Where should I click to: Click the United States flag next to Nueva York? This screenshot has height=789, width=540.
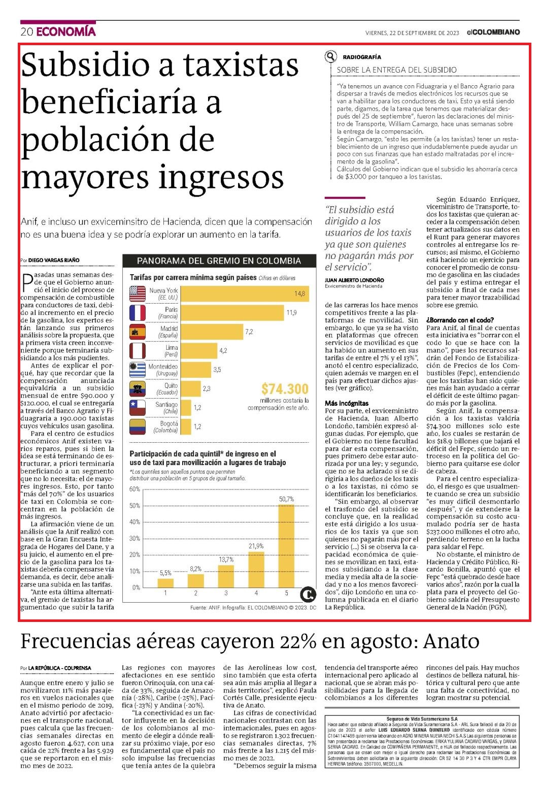[138, 294]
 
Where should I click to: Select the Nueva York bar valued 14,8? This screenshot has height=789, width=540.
[245, 294]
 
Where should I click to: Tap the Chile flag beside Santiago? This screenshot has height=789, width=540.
[138, 408]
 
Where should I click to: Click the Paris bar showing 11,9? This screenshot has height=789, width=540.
[232, 313]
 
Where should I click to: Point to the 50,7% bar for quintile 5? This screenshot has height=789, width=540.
[286, 546]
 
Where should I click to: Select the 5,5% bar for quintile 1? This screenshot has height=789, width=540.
[165, 583]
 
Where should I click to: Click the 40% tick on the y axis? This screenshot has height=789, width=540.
[134, 522]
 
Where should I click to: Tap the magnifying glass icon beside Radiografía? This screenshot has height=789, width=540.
[331, 56]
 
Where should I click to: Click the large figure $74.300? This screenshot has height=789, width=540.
[285, 389]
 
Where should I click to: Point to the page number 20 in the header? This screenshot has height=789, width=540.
[27, 32]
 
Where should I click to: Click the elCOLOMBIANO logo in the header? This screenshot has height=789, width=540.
[493, 32]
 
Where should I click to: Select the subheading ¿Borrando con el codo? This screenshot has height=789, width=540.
[460, 320]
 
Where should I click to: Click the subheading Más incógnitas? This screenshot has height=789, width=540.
[347, 403]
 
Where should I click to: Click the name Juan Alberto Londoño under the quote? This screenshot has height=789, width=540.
[354, 280]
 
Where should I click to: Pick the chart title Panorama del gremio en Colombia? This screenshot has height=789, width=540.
[219, 261]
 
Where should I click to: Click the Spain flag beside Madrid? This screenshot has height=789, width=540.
[138, 332]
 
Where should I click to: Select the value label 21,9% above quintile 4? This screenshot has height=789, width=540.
[256, 546]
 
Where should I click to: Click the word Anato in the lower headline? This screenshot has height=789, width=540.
[451, 641]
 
